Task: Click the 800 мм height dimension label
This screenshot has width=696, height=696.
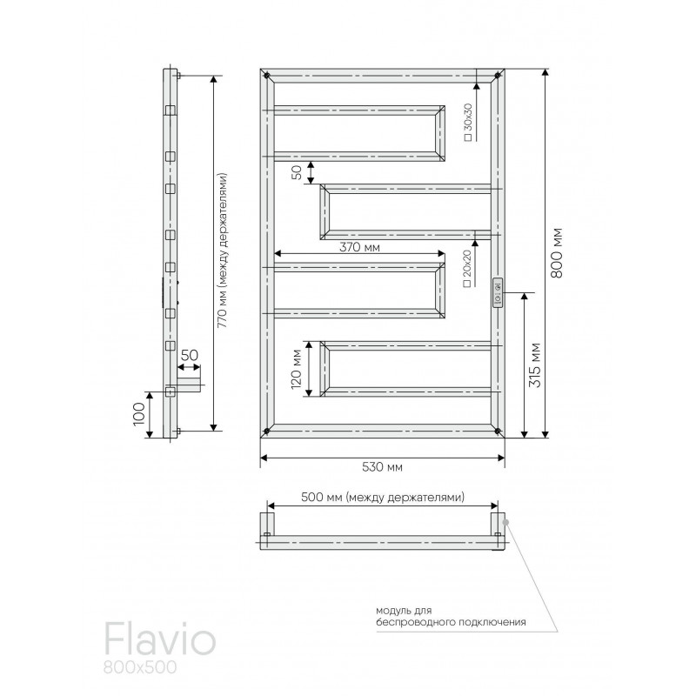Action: click(x=557, y=252)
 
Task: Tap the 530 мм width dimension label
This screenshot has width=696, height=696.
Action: click(x=382, y=467)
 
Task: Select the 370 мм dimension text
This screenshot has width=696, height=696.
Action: click(x=359, y=247)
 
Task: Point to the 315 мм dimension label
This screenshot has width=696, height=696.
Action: click(x=535, y=365)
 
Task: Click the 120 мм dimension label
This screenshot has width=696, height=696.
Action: click(x=297, y=369)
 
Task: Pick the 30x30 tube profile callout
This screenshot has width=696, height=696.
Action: click(x=468, y=122)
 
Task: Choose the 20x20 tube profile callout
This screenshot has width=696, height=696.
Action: click(x=467, y=268)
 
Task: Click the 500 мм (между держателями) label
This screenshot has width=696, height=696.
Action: click(x=383, y=497)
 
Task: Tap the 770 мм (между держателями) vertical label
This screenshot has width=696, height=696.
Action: click(x=223, y=251)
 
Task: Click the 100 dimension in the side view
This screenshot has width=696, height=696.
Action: click(x=139, y=414)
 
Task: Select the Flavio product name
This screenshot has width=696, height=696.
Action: click(x=160, y=641)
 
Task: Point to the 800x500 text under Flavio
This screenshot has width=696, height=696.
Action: click(x=140, y=667)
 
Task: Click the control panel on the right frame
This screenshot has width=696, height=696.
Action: click(x=497, y=292)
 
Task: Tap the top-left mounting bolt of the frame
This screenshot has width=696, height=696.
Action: click(x=267, y=76)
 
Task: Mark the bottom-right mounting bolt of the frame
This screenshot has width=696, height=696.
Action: click(x=498, y=431)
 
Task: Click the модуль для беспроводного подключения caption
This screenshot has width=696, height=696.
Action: click(x=451, y=617)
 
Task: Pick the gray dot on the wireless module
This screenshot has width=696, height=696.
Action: click(x=506, y=523)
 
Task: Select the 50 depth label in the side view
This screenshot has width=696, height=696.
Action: click(x=190, y=356)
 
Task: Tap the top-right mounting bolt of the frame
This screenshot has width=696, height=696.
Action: click(x=498, y=76)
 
